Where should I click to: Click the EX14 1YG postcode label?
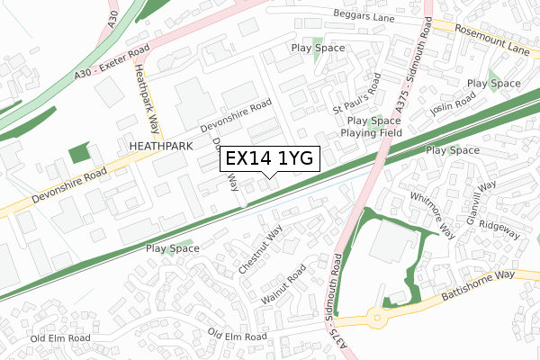click(x=269, y=158)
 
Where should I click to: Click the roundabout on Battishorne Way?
click(x=374, y=316)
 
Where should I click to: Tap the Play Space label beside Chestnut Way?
click(x=173, y=247)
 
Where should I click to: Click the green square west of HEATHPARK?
click(x=80, y=152)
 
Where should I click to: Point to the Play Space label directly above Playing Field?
click(x=373, y=121)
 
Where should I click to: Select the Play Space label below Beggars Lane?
click(x=316, y=49)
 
